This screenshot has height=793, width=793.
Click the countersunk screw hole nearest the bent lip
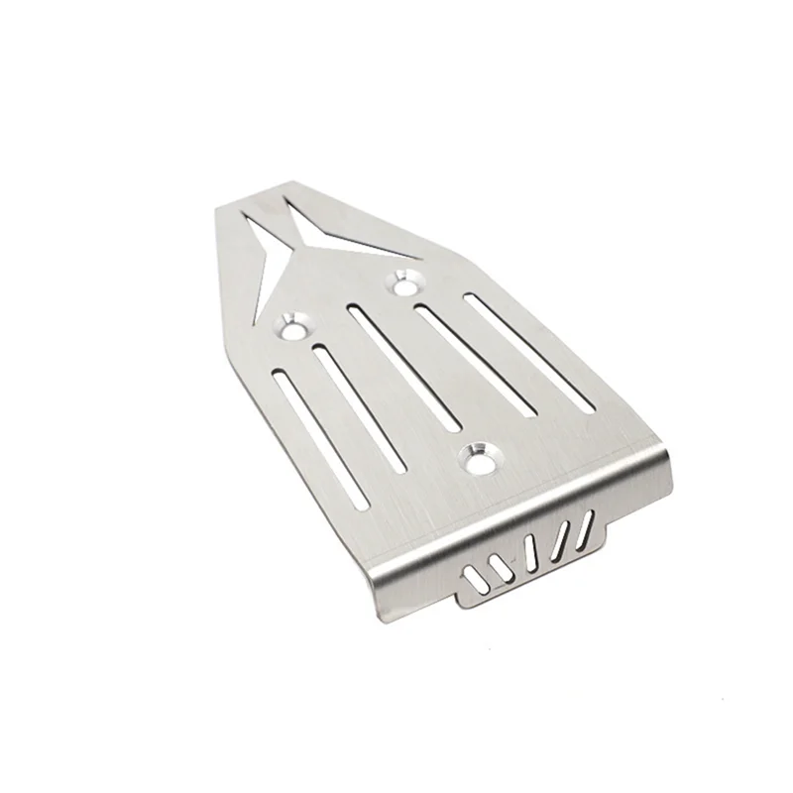click(x=480, y=456)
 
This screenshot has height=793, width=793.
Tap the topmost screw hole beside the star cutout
click(x=404, y=280)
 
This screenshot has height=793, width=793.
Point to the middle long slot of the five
click(x=406, y=367)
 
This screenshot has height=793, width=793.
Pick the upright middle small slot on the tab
click(x=532, y=551)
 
